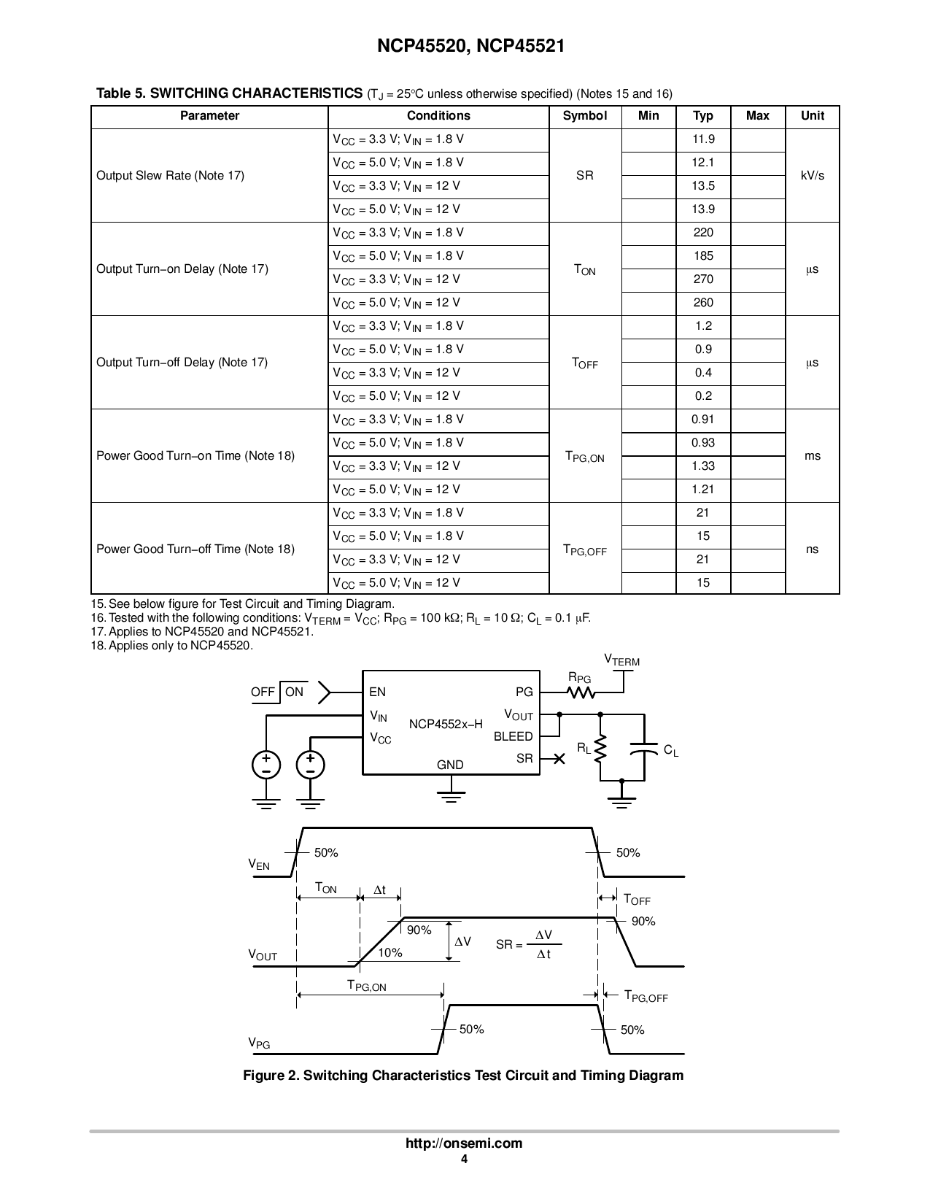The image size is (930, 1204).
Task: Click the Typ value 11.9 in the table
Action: pyautogui.click(x=702, y=139)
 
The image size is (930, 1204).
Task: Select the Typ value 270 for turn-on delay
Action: pyautogui.click(x=702, y=279)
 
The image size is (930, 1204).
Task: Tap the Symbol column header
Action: pyautogui.click(x=584, y=116)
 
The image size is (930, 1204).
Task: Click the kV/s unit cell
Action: pyautogui.click(x=812, y=176)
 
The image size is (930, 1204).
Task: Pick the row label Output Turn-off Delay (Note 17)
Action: pyautogui.click(x=182, y=363)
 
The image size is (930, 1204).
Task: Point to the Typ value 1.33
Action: pyautogui.click(x=702, y=466)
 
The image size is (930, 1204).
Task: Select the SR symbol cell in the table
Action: pyautogui.click(x=584, y=176)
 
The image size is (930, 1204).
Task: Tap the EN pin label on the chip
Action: pyautogui.click(x=377, y=692)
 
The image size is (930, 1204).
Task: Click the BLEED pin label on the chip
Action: pyautogui.click(x=513, y=736)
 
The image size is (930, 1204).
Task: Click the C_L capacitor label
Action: pyautogui.click(x=670, y=750)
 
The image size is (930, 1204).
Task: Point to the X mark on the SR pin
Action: pyautogui.click(x=559, y=759)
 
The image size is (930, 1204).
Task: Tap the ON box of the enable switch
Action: pyautogui.click(x=294, y=692)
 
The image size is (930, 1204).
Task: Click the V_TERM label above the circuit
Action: pyautogui.click(x=621, y=660)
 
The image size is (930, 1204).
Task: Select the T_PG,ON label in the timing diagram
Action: pyautogui.click(x=366, y=986)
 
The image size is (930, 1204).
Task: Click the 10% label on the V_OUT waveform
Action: pyautogui.click(x=390, y=952)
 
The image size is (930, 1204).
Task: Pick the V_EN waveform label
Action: pyautogui.click(x=259, y=865)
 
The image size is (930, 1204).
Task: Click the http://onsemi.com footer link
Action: pyautogui.click(x=464, y=1143)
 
